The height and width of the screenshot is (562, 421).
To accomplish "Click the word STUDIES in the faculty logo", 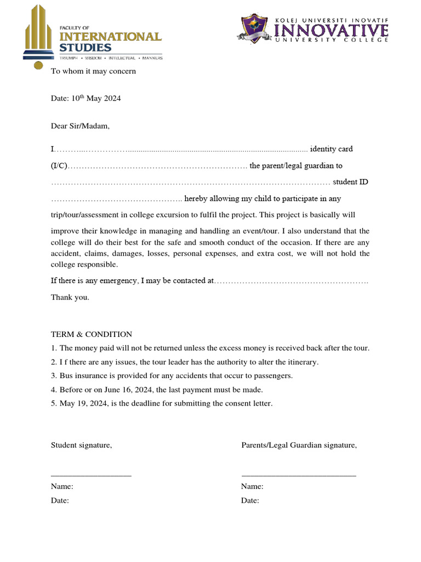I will pos(85,48).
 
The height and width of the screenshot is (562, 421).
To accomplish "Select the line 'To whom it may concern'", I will pos(93,71).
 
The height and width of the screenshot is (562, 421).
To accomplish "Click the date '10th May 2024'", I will pos(96,99).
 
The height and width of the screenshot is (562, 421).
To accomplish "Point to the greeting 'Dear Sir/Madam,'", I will pos(80,126).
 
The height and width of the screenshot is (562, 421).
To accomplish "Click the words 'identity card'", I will pos(331,149).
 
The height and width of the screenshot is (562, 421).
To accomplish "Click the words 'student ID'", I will pos(350,182).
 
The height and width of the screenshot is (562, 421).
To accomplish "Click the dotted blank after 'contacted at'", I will pos(291,281).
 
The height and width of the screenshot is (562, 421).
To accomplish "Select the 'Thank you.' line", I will pos(70,297).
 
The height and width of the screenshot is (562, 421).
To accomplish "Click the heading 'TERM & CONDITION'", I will pos(92,334).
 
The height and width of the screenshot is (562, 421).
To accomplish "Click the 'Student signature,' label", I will pos(81,445).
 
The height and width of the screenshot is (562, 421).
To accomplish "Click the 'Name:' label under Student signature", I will pos(62,486).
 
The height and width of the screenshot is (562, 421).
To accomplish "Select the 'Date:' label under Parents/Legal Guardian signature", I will pos(250,501).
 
